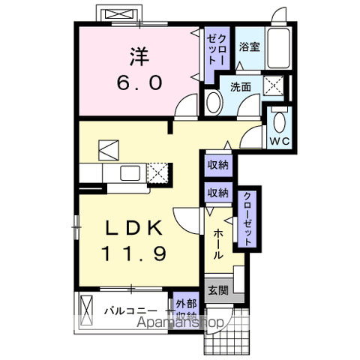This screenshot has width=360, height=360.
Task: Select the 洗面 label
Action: [240, 85]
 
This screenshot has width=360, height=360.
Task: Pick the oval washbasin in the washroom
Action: [214, 103]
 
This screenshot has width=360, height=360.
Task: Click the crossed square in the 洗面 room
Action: [274, 86]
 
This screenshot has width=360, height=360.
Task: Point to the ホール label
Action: [217, 244]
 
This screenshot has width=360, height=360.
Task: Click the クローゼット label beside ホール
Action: [246, 217]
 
